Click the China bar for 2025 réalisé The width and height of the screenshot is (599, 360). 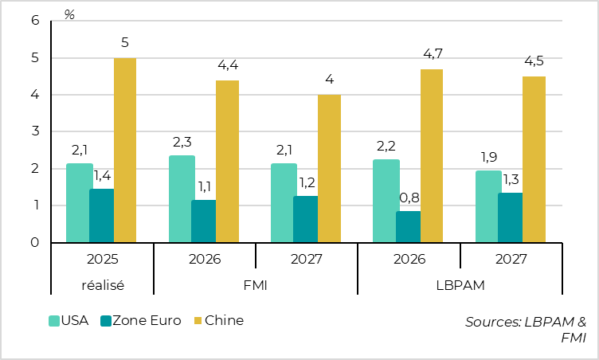click(x=124, y=150)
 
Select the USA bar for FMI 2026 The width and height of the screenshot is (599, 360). click(x=182, y=198)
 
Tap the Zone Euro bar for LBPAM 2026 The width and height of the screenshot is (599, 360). click(x=409, y=226)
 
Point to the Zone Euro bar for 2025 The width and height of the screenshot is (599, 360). click(x=101, y=215)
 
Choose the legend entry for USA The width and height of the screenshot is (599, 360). click(x=69, y=320)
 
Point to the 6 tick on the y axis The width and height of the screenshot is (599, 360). click(x=35, y=21)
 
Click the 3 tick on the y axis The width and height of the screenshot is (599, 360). click(x=35, y=131)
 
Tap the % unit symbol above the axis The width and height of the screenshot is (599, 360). click(x=69, y=15)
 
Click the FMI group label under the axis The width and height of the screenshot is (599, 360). click(x=256, y=284)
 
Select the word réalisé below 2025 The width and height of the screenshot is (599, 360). click(x=102, y=284)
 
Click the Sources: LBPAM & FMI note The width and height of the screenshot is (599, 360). click(x=526, y=330)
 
